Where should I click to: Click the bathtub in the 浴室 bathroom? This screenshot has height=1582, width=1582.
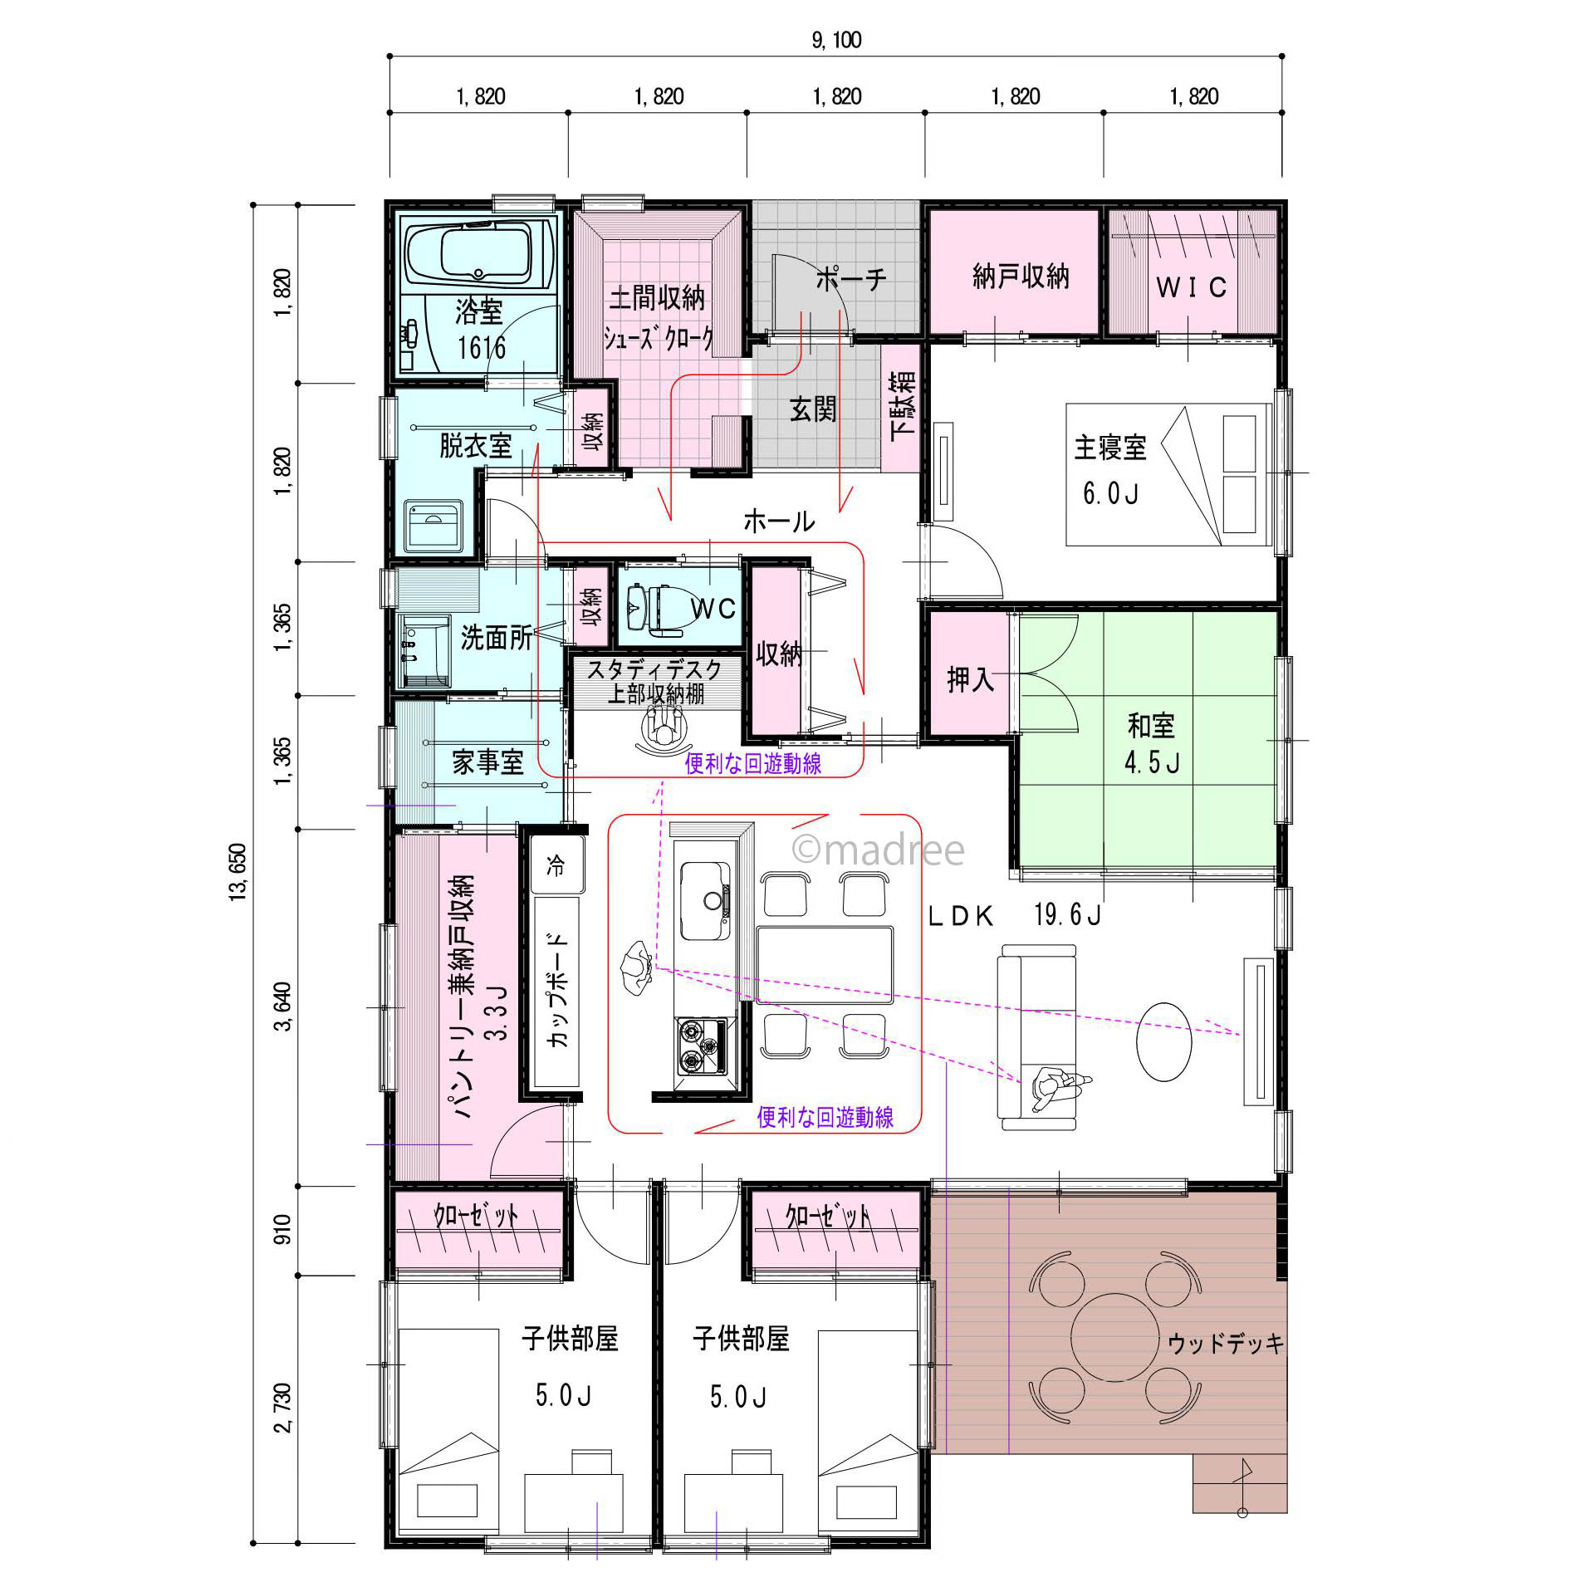coord(479,255)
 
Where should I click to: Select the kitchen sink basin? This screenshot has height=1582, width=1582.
coord(705,901)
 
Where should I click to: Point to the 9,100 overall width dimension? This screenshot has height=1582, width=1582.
coord(836,40)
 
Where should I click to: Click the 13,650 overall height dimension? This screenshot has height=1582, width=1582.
coord(238,871)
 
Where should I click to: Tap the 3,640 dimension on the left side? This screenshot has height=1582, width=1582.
coord(283,1006)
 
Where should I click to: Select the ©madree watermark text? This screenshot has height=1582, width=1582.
coord(878,850)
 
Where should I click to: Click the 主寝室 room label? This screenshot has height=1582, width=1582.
coord(1109,448)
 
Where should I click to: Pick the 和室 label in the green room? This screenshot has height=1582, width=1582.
coord(1151,725)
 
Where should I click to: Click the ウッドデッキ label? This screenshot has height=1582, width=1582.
coord(1226,1343)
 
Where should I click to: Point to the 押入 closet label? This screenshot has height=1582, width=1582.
coord(970,680)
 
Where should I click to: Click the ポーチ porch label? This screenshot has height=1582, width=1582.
coord(851,279)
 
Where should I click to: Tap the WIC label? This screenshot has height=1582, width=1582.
coord(1192,287)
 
